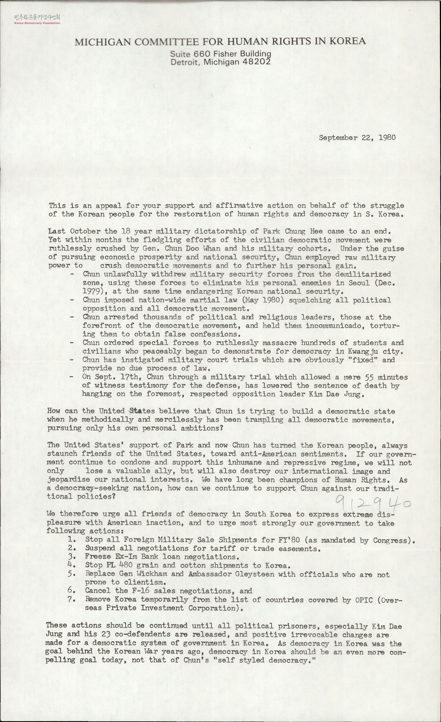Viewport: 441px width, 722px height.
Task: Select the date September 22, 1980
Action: coord(357,138)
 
